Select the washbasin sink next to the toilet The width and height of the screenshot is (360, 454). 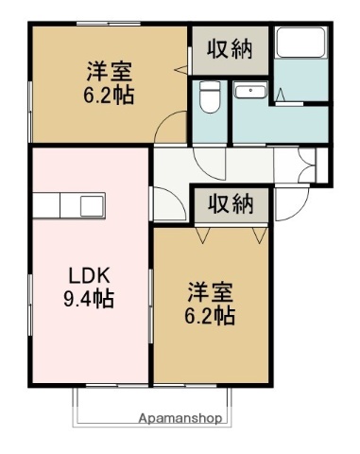(250, 92)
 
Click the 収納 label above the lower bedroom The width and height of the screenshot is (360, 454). (230, 202)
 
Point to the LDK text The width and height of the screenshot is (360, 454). (90, 276)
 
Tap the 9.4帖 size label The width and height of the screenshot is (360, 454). (90, 300)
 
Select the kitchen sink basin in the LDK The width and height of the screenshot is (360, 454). (93, 205)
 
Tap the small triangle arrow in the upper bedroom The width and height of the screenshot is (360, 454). (179, 69)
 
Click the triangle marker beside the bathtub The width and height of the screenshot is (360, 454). (282, 92)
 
